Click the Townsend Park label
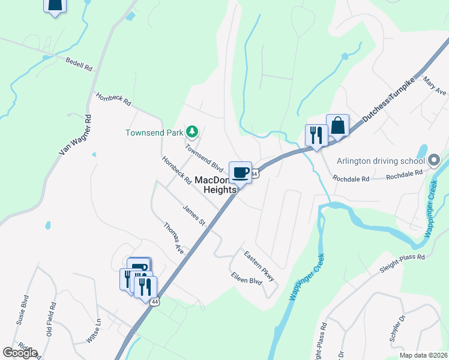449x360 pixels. (155, 133)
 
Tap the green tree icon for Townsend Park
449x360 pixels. (192, 131)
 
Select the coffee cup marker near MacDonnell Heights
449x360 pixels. (240, 173)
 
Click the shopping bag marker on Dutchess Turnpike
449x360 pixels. (337, 126)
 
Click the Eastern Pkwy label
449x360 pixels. (259, 266)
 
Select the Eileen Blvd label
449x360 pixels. (247, 278)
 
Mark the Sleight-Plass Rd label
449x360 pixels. (402, 264)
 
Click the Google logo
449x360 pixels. (20, 353)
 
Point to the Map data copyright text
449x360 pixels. (424, 355)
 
